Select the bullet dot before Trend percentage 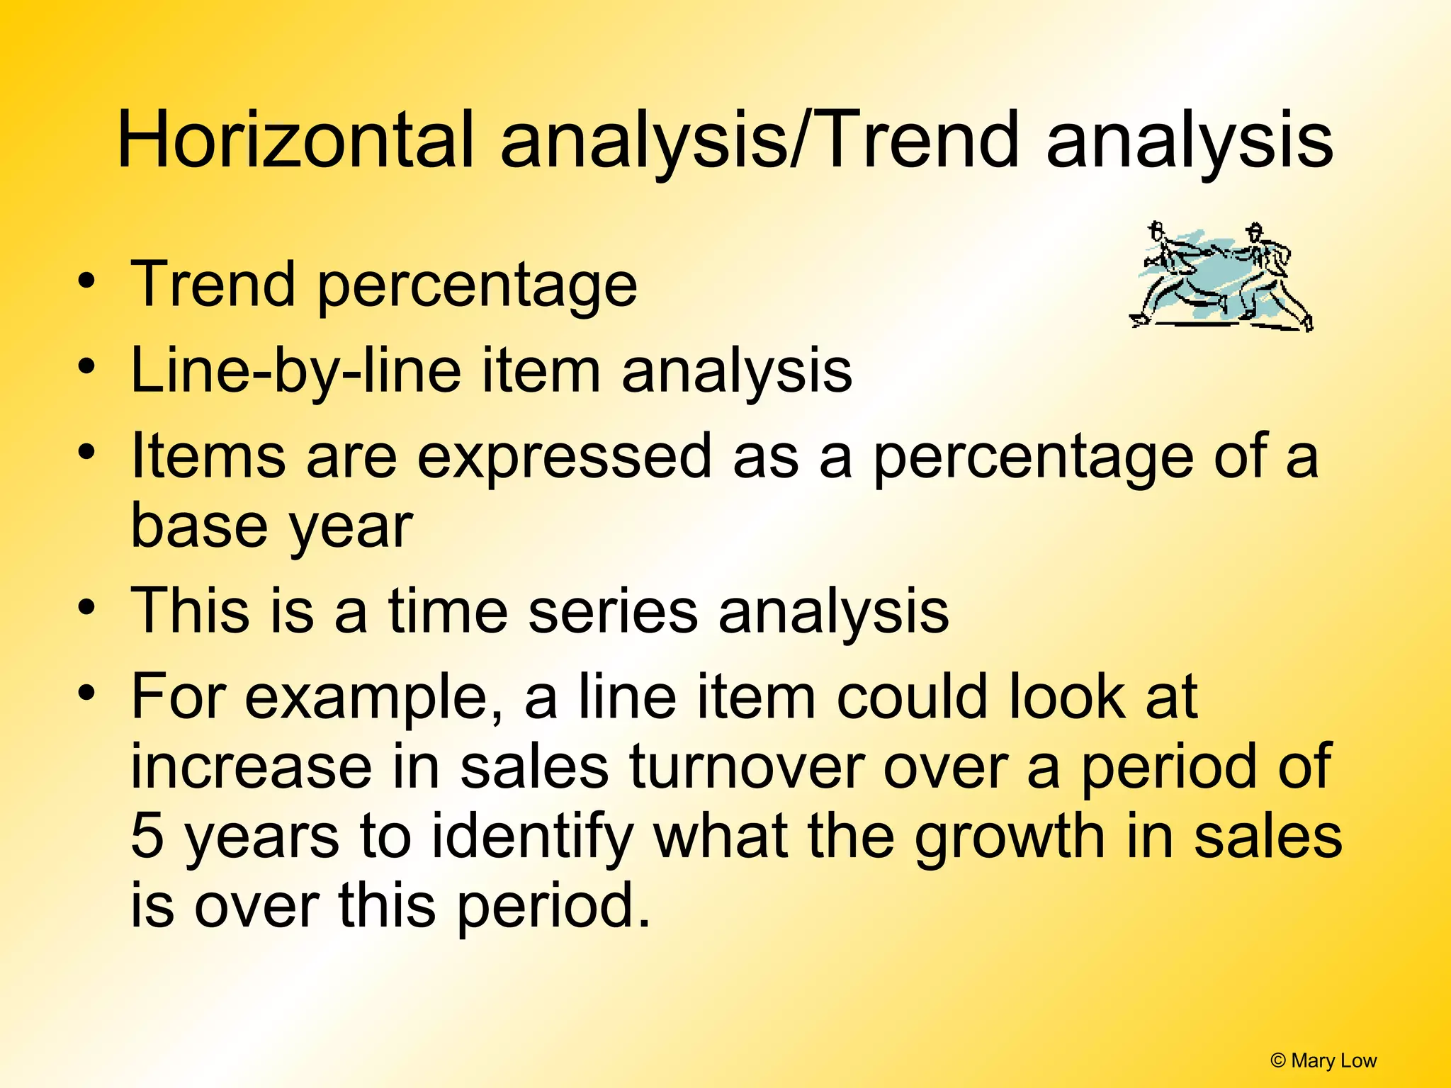pos(86,281)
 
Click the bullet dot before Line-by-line pos(86,368)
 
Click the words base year pos(271,526)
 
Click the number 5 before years pos(147,836)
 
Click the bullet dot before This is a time pos(86,607)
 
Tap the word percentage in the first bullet pos(476,285)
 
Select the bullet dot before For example pos(86,692)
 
